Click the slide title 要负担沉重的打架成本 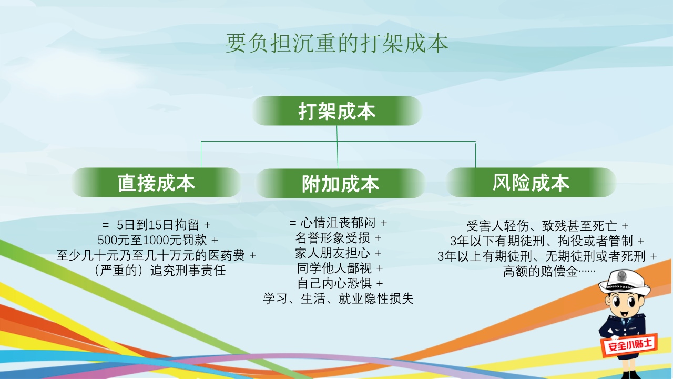click(x=336, y=44)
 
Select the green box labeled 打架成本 click(x=337, y=111)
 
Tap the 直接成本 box click(x=156, y=182)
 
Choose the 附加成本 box click(x=340, y=183)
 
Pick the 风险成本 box click(x=531, y=182)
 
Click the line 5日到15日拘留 click(x=156, y=225)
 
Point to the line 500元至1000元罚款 click(x=157, y=240)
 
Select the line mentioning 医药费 click(x=156, y=255)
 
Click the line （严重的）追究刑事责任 click(x=159, y=270)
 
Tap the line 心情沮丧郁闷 click(x=338, y=223)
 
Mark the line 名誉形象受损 click(x=338, y=238)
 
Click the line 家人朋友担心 click(x=338, y=253)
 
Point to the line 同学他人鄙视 click(x=340, y=268)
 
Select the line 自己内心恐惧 click(x=340, y=283)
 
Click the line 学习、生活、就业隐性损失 click(x=338, y=298)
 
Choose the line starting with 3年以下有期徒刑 click(x=547, y=241)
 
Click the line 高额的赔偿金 click(x=549, y=271)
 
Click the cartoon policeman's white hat click(x=624, y=282)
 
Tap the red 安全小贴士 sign click(x=630, y=344)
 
